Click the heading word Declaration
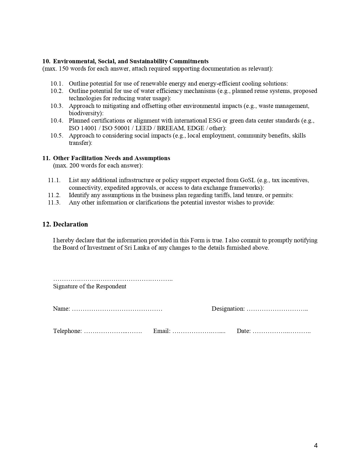70,224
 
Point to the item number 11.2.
54,195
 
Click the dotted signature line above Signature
113,280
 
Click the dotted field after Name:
117,309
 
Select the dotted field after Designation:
277,309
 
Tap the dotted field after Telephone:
113,331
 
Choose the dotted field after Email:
199,331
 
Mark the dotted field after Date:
282,331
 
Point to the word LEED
143,128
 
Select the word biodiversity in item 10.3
85,113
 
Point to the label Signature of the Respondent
90,286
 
